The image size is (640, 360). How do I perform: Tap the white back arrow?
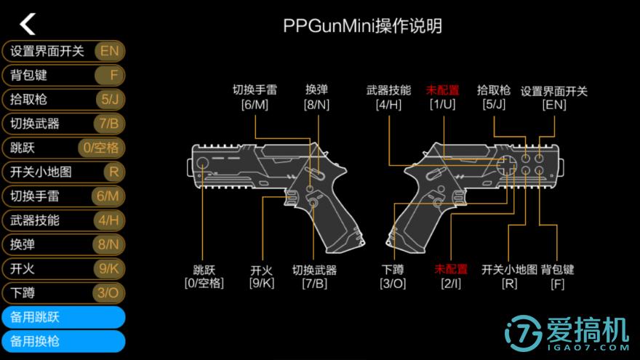coord(28,24)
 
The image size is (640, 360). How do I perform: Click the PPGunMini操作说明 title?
coord(362,26)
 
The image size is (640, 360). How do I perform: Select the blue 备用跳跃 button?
coord(63,317)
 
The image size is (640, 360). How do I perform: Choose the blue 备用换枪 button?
coord(63,341)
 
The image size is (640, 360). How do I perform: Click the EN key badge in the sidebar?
coord(109,51)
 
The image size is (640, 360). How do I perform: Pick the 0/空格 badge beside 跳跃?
coord(101,148)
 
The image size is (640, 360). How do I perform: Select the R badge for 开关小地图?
coord(112,172)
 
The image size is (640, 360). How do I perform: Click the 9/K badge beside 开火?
coord(108,268)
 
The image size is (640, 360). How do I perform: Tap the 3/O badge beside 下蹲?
coord(108,293)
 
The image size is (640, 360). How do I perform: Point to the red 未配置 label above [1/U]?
coord(442,91)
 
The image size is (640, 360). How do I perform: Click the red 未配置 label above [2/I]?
coord(451,269)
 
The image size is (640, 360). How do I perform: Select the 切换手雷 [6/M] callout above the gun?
coord(255,97)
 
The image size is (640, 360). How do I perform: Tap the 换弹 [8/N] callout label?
coord(316,97)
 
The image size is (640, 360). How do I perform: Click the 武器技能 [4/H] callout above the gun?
coord(388,97)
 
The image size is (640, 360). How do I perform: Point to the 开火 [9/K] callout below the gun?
coord(262,276)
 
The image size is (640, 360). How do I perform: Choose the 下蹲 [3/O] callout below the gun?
coord(393,276)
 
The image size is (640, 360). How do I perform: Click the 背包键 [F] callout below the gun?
coord(557,276)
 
